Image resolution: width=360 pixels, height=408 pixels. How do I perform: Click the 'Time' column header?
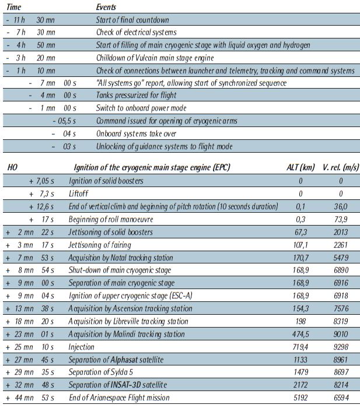coord(15,8)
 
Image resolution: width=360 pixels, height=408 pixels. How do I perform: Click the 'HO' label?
coord(12,167)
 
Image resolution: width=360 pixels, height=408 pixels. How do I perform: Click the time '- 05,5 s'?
coord(65,121)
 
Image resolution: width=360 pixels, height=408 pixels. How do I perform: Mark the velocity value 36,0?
coord(340,206)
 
